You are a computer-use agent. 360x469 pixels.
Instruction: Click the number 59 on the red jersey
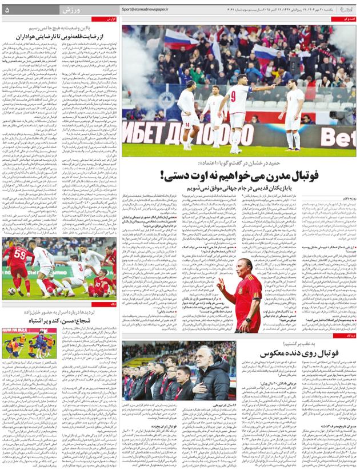tap(19, 252)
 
